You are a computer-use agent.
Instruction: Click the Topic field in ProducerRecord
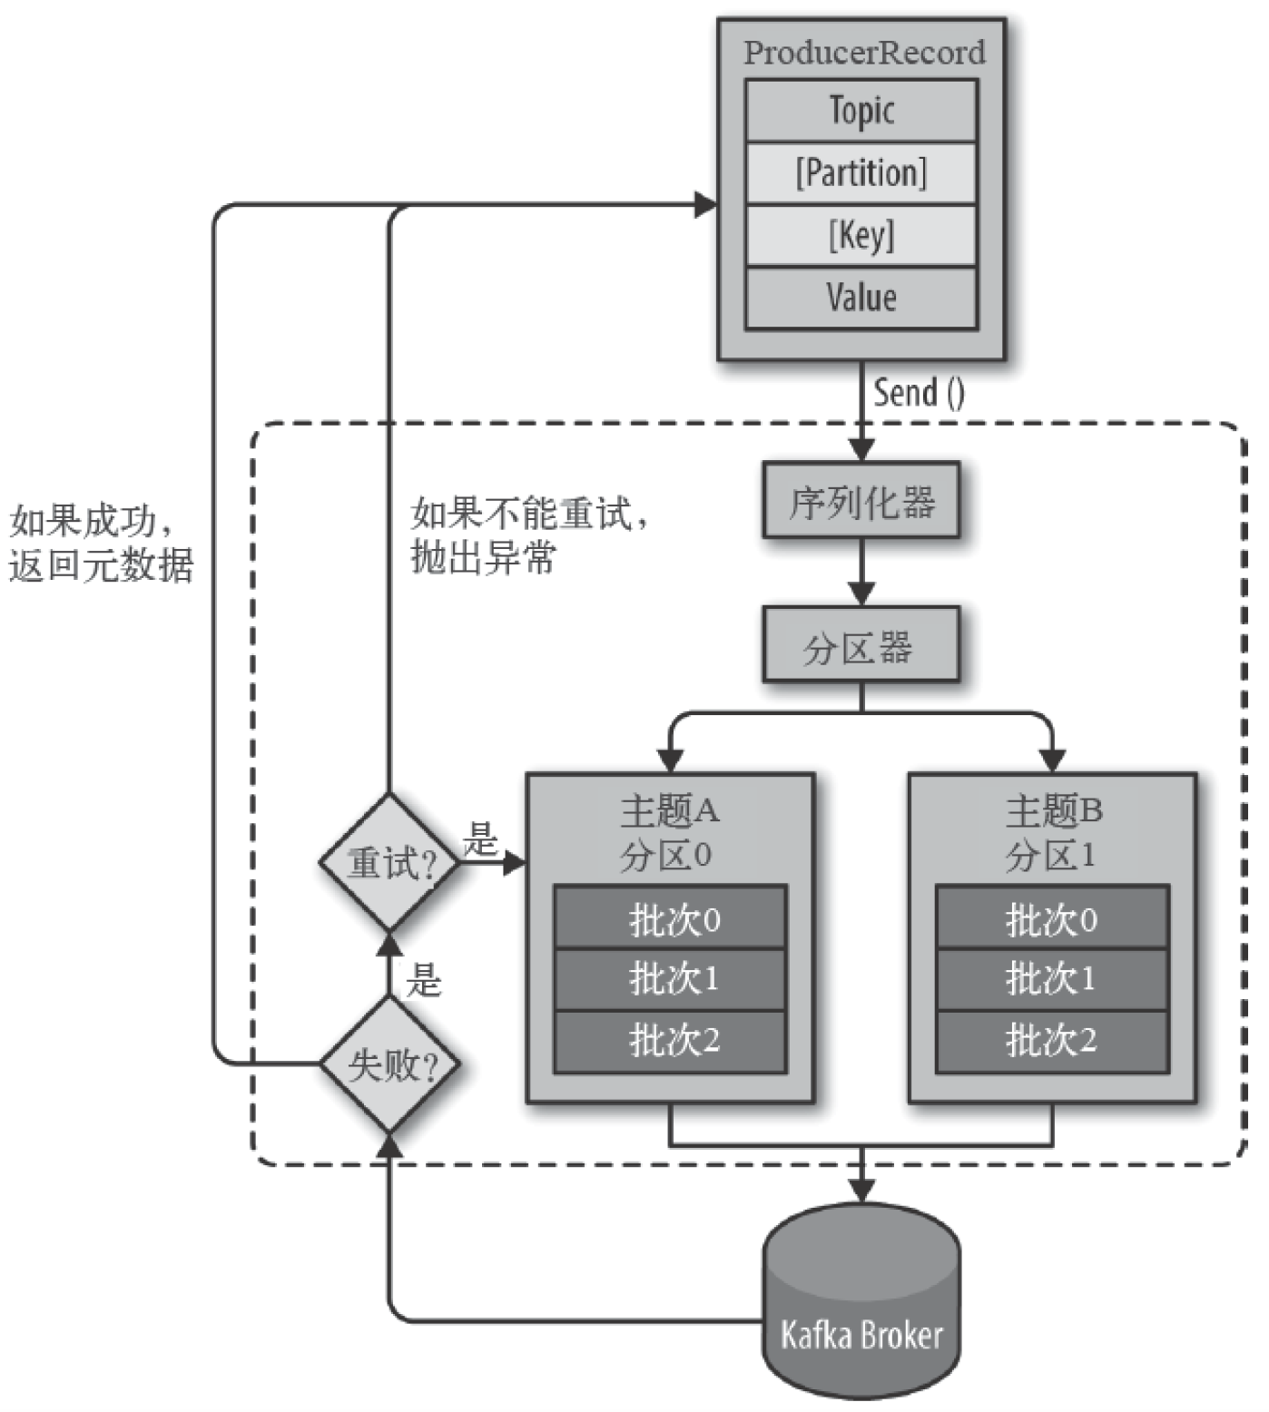coord(861,111)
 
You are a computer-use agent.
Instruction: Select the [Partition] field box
coord(861,172)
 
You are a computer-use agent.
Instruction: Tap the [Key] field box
coord(861,235)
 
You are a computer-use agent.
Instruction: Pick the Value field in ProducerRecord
coord(861,298)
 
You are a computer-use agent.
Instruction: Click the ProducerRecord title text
coord(863,53)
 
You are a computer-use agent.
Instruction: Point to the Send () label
coord(919,393)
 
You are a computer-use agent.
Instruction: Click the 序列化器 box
coord(861,502)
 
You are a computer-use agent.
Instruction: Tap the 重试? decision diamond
coord(390,862)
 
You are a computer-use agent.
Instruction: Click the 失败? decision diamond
coord(390,1064)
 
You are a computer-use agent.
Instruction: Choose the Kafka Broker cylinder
coord(861,1307)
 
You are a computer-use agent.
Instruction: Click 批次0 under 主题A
coord(671,919)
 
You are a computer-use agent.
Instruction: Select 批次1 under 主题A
coord(671,979)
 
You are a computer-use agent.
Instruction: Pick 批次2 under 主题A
coord(671,1040)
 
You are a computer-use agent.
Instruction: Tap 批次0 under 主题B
coord(1051,919)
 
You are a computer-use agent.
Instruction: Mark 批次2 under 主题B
coord(1051,1040)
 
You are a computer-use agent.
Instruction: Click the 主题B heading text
coord(1053,809)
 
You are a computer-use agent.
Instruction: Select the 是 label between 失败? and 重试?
coord(422,980)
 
